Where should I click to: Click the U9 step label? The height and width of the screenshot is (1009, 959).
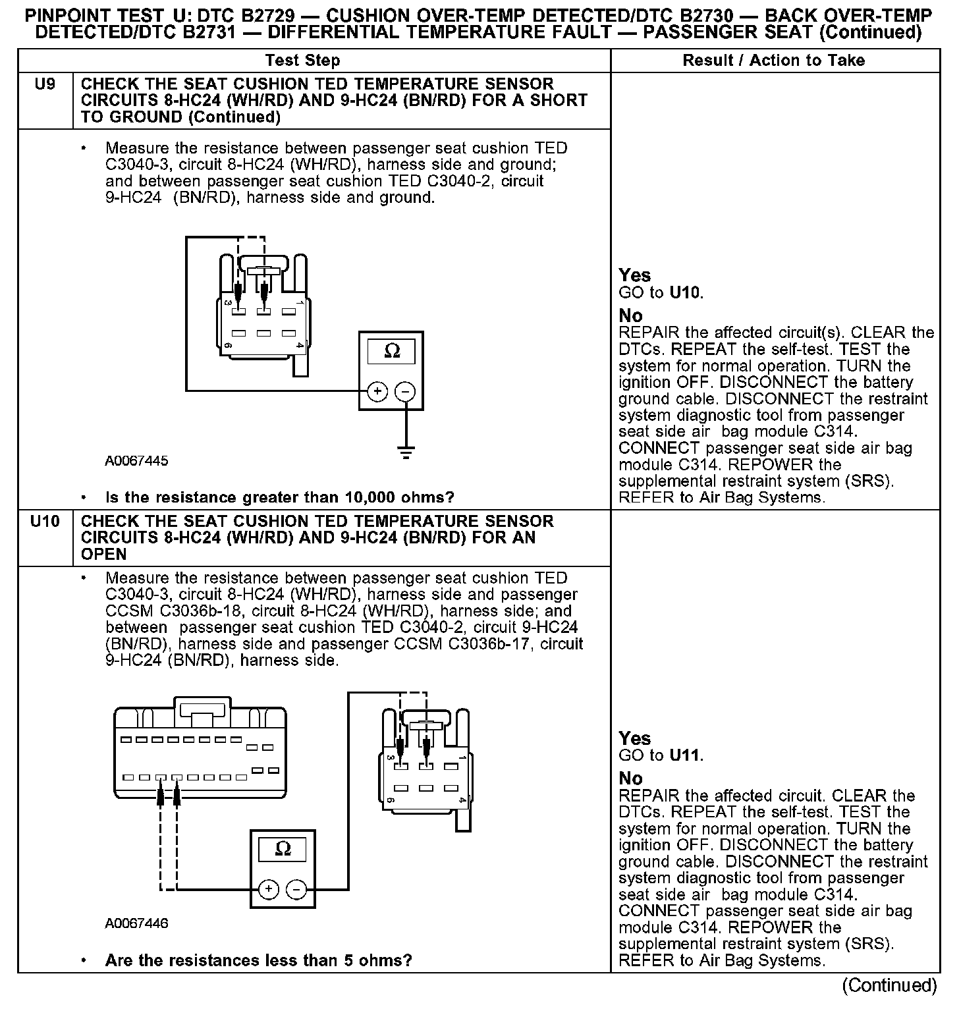45,84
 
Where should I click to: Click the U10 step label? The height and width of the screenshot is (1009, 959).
45,522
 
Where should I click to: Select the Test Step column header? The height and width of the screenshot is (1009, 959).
302,61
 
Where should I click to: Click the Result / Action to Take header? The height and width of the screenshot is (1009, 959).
774,61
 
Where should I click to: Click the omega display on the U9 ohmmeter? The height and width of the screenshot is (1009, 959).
392,352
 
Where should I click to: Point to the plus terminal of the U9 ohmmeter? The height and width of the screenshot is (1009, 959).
377,392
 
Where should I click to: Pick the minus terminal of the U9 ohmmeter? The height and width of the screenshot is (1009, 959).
404,392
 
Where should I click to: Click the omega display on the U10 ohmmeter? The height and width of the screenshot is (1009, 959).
283,849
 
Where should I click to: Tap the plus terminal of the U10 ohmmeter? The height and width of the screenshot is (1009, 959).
269,889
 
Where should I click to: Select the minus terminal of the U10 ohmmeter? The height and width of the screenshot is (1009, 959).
296,889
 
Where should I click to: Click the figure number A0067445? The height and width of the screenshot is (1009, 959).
136,461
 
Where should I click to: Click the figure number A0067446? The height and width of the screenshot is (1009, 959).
136,923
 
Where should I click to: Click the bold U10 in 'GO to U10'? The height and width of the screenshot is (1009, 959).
685,292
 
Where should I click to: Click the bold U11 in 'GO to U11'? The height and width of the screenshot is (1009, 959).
685,755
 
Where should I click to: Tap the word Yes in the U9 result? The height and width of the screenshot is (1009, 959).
634,275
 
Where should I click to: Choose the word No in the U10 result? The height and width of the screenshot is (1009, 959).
630,778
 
